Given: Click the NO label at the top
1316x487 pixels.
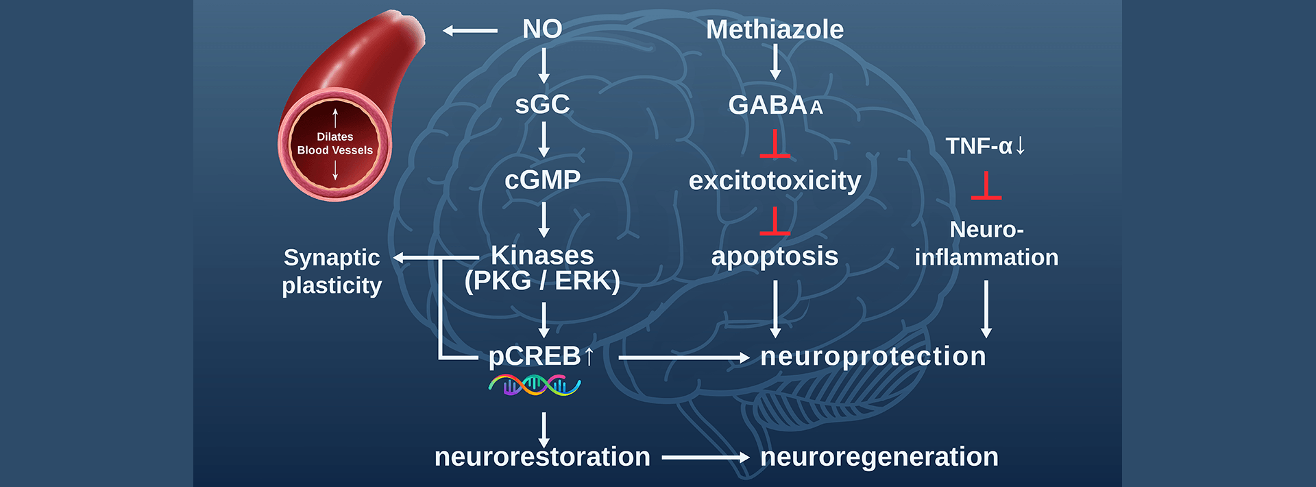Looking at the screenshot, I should (x=542, y=29).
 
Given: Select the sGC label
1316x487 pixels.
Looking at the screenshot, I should (x=542, y=104).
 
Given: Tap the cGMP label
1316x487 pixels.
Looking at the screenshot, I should (x=542, y=180).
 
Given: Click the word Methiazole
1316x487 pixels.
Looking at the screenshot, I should (x=775, y=29).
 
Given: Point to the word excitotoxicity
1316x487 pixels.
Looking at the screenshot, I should (x=775, y=180).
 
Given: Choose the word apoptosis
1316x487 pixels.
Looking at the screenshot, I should (x=775, y=256).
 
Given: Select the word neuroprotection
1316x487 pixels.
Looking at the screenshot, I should (x=873, y=356).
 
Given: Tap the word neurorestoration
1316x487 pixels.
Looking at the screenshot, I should (x=542, y=457).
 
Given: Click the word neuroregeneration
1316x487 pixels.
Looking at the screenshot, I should (x=879, y=457).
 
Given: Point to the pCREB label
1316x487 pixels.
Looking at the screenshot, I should (x=535, y=356).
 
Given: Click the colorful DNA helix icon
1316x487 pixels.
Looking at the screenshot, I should (x=535, y=385).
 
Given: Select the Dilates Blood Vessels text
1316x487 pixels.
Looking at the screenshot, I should (x=335, y=143).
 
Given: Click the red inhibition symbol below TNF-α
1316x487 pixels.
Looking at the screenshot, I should (x=986, y=187).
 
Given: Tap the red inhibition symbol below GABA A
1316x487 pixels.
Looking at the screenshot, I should (x=775, y=144).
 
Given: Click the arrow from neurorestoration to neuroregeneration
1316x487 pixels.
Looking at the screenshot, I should (x=705, y=457).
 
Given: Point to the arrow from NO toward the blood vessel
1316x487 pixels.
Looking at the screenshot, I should (x=470, y=30).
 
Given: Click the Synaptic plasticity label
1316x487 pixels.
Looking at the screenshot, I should (x=332, y=271).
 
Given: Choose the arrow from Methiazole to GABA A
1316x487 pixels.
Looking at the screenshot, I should (x=775, y=62).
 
